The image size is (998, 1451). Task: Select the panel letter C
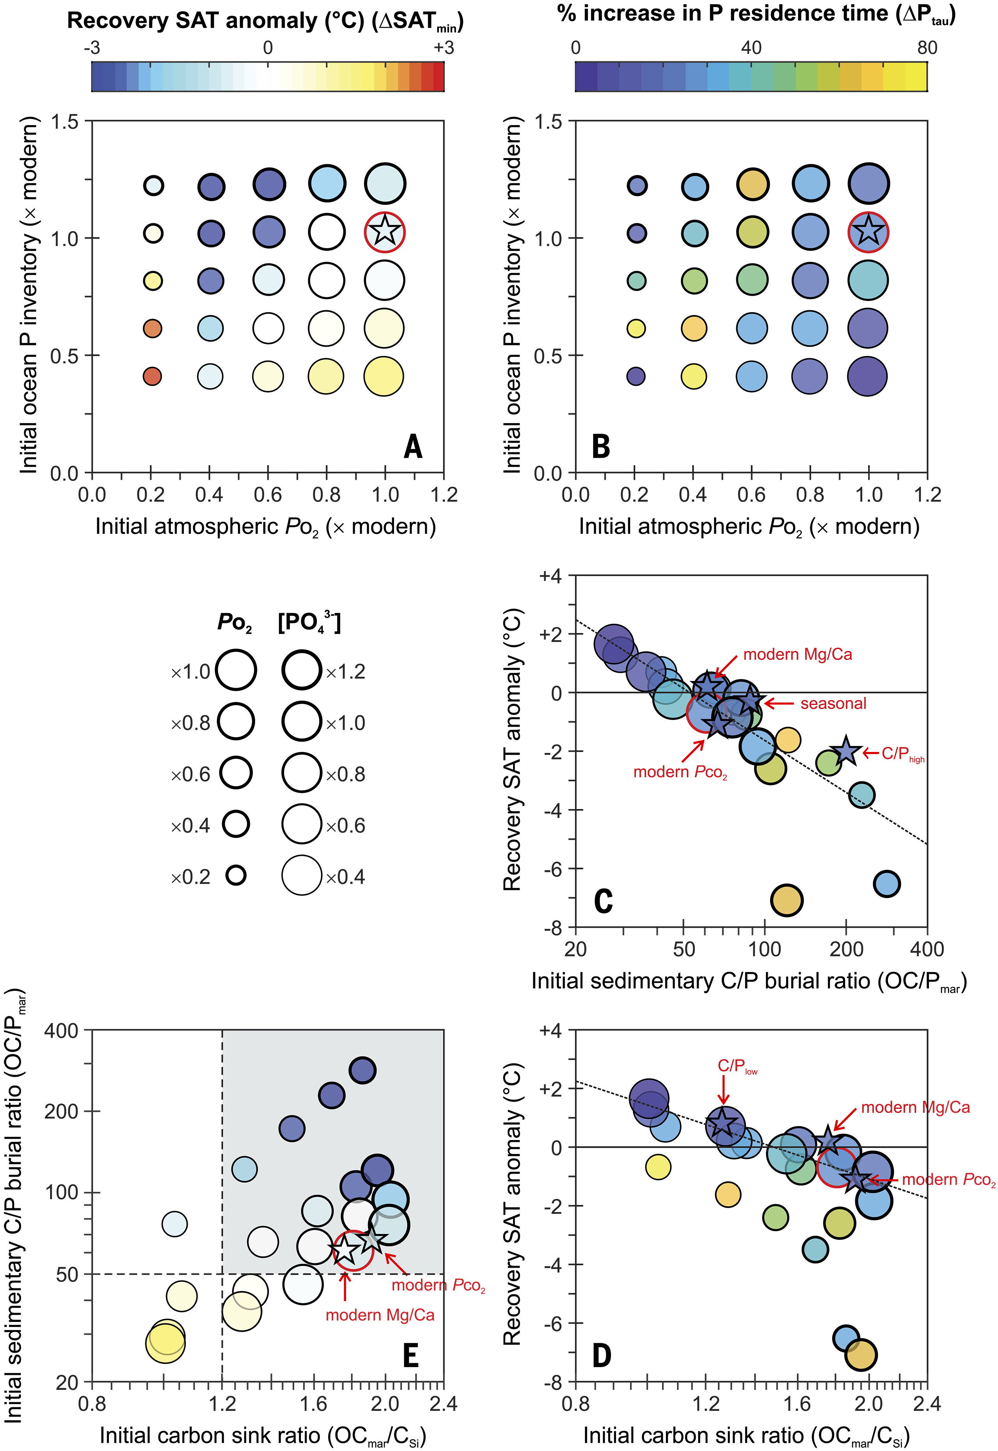pos(603,901)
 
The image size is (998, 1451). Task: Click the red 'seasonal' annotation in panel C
pos(833,704)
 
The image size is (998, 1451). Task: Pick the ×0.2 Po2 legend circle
pos(236,875)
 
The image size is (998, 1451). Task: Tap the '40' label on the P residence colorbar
pos(751,48)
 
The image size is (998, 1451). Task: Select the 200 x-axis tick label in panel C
pos(846,950)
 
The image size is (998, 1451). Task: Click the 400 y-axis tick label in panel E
pos(60,1030)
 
